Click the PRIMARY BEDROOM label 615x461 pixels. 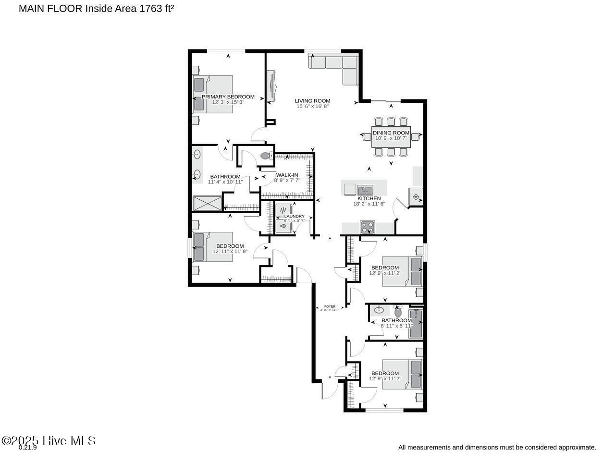pos(228,97)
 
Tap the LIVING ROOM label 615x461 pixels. pos(312,101)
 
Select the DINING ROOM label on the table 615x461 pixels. pos(391,133)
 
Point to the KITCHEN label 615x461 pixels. pos(369,198)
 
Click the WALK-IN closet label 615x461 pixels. pos(287,175)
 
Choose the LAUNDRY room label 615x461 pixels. pos(294,217)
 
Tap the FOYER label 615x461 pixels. pos(330,306)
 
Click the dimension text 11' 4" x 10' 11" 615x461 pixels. pos(225,182)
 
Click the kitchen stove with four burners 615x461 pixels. pos(368,226)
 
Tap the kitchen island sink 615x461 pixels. pos(365,190)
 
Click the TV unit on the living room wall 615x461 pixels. pos(272,86)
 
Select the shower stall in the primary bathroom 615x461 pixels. pos(208,204)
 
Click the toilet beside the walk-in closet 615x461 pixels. pos(265,156)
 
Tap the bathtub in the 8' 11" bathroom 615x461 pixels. pos(416,324)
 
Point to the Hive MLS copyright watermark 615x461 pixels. pos(49,440)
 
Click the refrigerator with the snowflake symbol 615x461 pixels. pos(416,197)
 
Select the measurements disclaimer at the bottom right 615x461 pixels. pos(497,447)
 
